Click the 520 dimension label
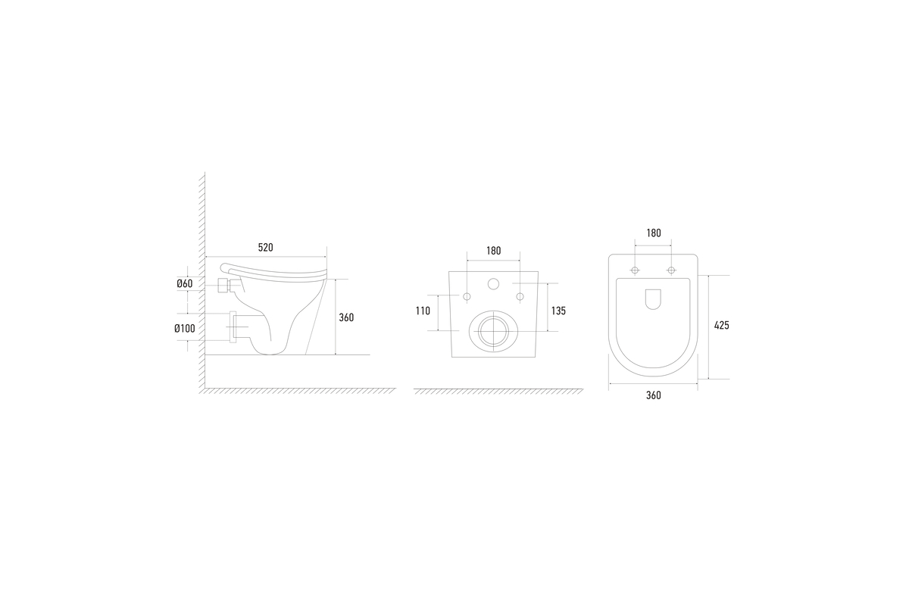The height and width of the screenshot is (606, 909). click(265, 247)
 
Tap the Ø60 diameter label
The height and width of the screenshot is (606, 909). click(185, 283)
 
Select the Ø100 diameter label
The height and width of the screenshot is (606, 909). click(185, 328)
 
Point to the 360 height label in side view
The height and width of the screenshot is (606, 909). click(346, 317)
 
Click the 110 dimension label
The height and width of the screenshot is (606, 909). click(423, 311)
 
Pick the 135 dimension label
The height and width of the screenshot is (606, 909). click(558, 311)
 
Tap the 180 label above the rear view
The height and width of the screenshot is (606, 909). click(493, 251)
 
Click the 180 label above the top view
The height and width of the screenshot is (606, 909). click(653, 233)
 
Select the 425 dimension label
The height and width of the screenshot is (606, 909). click(721, 325)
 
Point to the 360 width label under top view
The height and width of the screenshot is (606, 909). click(653, 395)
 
